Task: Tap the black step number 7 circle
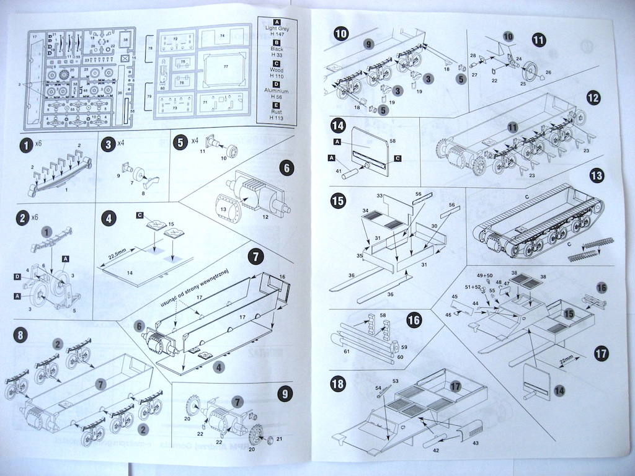point(255,256)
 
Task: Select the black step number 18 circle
point(338,384)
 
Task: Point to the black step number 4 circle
point(108,219)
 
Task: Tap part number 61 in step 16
point(347,351)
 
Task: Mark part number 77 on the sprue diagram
point(226,66)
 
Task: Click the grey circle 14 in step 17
point(559,390)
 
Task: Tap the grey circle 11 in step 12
point(512,127)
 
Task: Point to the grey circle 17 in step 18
point(456,385)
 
